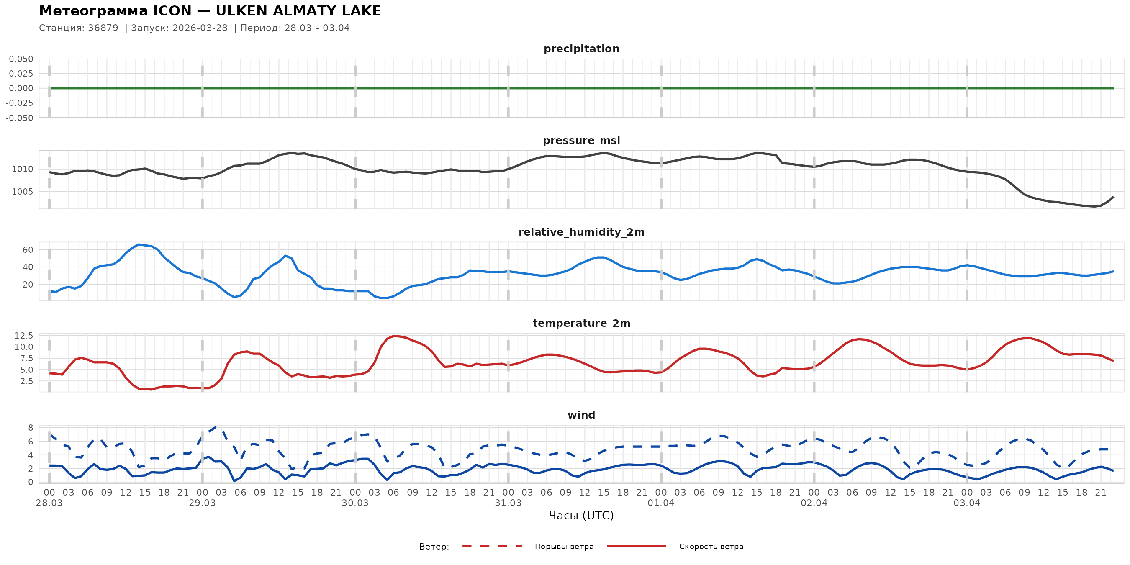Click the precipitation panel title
[x=581, y=49]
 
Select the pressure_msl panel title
[x=581, y=140]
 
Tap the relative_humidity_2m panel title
[x=581, y=232]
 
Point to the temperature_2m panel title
[x=581, y=323]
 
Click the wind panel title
[x=581, y=415]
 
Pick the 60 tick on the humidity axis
[x=28, y=250]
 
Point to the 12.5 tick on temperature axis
[x=24, y=336]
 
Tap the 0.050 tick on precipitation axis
[x=21, y=59]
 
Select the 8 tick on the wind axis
[x=31, y=428]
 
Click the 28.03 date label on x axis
[x=49, y=503]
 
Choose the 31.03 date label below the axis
[x=508, y=503]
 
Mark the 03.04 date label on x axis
[x=967, y=503]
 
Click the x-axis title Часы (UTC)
[x=581, y=516]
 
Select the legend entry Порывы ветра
[x=564, y=547]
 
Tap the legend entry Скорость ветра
[x=711, y=547]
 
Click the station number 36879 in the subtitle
[x=103, y=28]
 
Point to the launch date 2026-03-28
[x=200, y=28]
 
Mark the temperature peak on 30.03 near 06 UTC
[x=394, y=336]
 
